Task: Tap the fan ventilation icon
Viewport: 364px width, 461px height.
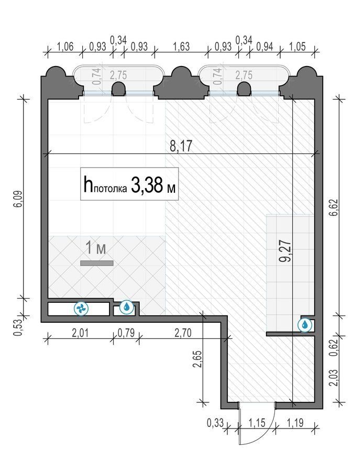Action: click(81, 309)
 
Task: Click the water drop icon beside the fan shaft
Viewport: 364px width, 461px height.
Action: click(127, 307)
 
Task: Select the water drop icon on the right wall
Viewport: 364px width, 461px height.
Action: click(305, 325)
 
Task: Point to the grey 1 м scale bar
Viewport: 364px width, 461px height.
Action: click(97, 263)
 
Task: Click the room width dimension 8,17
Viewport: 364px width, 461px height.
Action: click(181, 146)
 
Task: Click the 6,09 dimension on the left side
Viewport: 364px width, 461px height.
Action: click(18, 199)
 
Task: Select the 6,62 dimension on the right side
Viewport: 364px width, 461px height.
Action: click(334, 207)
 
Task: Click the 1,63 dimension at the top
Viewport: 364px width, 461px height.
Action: click(181, 47)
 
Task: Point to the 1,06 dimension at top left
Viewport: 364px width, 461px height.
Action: click(65, 47)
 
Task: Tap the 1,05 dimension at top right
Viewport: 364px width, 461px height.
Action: click(297, 47)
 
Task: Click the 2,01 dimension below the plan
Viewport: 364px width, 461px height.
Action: click(80, 333)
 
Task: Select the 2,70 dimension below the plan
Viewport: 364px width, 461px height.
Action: click(183, 333)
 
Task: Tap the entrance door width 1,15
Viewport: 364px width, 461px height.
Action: click(257, 423)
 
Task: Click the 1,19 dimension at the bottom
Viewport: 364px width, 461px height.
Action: click(295, 423)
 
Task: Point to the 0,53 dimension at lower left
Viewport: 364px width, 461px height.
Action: click(18, 328)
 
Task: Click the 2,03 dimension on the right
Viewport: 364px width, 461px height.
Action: click(334, 378)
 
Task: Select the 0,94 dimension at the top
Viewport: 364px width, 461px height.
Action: click(264, 47)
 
